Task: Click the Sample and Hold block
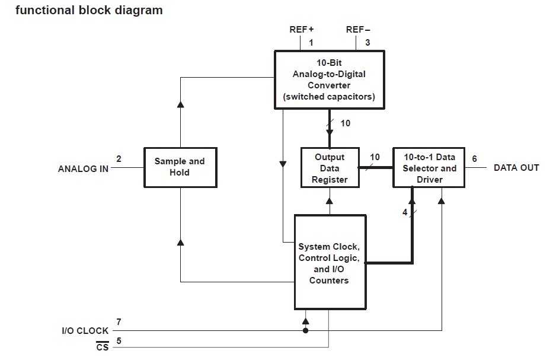click(x=180, y=167)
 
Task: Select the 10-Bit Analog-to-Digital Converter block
click(x=329, y=79)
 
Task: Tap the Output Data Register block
click(x=330, y=168)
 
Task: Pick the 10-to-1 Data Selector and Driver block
click(x=429, y=168)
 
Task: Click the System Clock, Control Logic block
click(x=329, y=263)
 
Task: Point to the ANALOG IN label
click(x=83, y=168)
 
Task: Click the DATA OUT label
click(x=516, y=168)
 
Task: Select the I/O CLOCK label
click(x=85, y=331)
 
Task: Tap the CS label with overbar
click(x=103, y=347)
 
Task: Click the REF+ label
click(x=301, y=29)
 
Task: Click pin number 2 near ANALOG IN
click(x=119, y=159)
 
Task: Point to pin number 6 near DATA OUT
click(x=474, y=159)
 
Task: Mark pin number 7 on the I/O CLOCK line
click(x=119, y=322)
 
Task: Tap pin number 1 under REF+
click(x=311, y=42)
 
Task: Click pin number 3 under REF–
click(x=367, y=42)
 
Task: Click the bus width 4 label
click(x=405, y=212)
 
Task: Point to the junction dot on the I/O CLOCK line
click(x=305, y=330)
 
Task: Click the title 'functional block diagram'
click(x=89, y=10)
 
